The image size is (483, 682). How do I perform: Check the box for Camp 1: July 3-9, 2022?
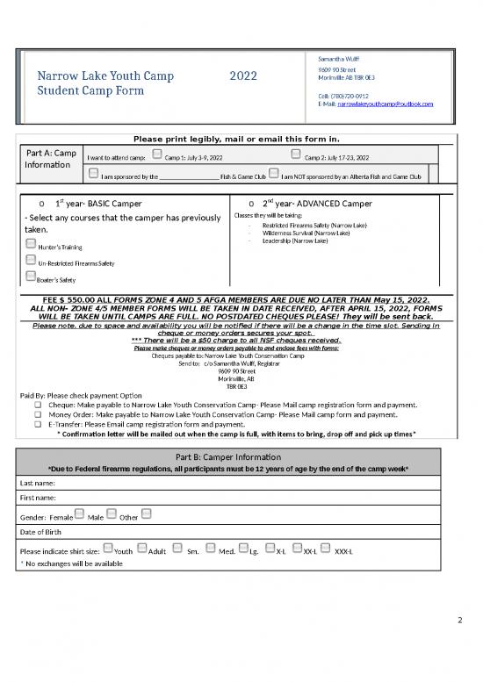click(x=156, y=155)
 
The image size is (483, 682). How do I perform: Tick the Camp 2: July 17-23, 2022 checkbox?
click(x=296, y=155)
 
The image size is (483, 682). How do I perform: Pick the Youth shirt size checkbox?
click(x=108, y=549)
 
